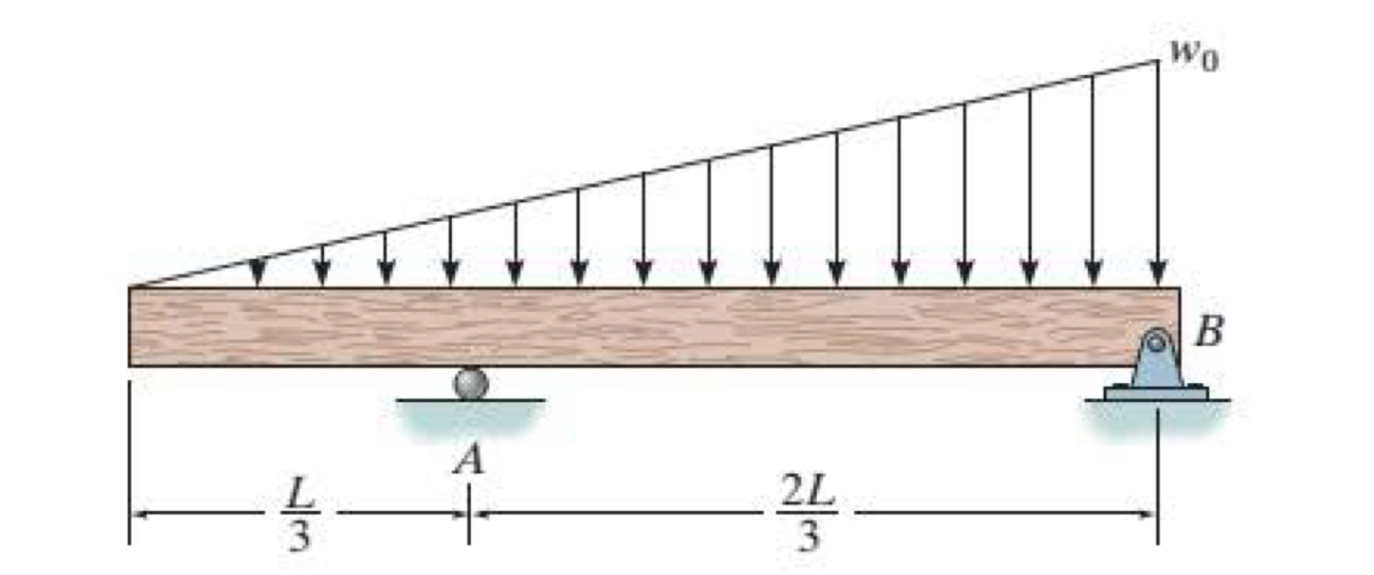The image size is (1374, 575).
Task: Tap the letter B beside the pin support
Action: pos(1210,332)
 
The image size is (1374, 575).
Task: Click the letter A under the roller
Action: pos(469,460)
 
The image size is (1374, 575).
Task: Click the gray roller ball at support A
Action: pos(471,384)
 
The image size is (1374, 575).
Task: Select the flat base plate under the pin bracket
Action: pos(1157,393)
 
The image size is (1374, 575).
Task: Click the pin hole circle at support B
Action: pos(1157,340)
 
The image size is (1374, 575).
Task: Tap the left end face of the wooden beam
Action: pos(131,327)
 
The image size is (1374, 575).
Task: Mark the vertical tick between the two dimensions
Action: pos(468,514)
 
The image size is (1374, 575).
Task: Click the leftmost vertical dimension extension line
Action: pos(130,460)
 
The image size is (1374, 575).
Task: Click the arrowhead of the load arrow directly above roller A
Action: pos(450,274)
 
